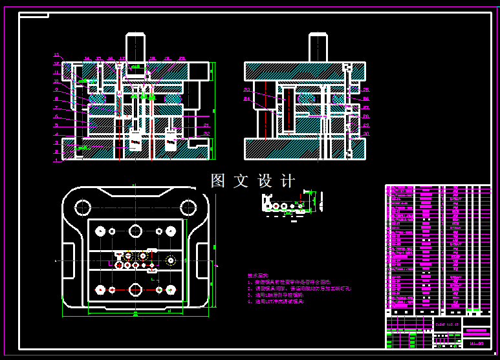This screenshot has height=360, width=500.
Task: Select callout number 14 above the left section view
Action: pyautogui.click(x=87, y=59)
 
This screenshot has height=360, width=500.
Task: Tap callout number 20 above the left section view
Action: pyautogui.click(x=182, y=59)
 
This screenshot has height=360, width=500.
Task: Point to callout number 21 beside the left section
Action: pyautogui.click(x=206, y=125)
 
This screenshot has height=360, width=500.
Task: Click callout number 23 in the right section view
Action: pyautogui.click(x=246, y=90)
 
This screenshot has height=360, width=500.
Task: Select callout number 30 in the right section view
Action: pyautogui.click(x=366, y=134)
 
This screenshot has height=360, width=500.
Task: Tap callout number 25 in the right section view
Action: pyautogui.click(x=366, y=90)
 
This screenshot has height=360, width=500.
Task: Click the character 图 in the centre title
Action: pyautogui.click(x=218, y=181)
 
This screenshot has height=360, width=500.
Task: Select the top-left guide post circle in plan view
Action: pyautogui.click(x=82, y=207)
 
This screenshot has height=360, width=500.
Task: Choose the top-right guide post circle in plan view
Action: pyautogui.click(x=188, y=207)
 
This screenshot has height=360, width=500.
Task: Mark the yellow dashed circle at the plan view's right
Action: pyautogui.click(x=171, y=260)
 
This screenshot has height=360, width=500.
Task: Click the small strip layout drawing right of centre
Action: pyautogui.click(x=285, y=204)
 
